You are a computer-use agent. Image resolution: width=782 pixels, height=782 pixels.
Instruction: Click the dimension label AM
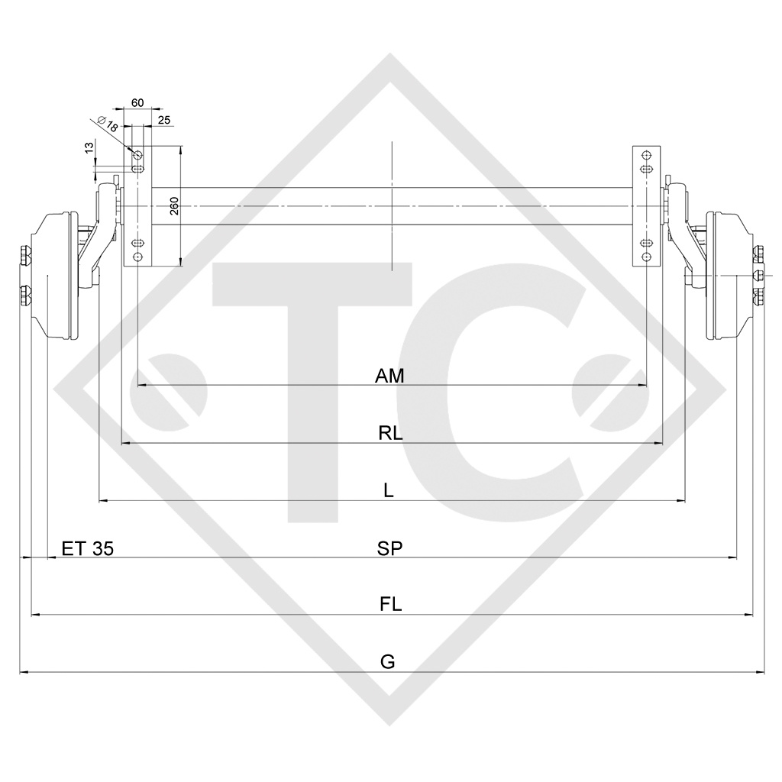(389, 376)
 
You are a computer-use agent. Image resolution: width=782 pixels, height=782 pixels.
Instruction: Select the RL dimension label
(389, 433)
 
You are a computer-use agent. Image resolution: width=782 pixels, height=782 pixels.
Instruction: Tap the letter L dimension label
(389, 490)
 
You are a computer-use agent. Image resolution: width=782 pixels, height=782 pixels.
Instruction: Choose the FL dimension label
(390, 605)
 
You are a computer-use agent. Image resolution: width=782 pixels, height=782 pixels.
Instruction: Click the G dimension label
(388, 661)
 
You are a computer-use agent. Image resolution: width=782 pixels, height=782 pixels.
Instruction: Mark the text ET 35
(88, 548)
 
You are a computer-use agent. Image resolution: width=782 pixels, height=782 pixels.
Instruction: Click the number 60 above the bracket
(137, 102)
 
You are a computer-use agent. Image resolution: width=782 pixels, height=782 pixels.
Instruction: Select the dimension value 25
(164, 119)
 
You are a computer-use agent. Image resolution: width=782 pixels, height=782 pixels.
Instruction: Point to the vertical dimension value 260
(174, 206)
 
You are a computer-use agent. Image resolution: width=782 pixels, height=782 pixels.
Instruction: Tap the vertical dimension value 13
(89, 147)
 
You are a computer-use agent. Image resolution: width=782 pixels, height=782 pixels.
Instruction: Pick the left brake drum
(58, 276)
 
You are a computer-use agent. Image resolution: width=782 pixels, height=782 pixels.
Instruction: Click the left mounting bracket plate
(138, 206)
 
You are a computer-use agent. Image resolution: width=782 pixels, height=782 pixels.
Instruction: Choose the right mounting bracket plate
(646, 206)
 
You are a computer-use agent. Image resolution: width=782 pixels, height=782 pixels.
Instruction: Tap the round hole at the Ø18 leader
(138, 156)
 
